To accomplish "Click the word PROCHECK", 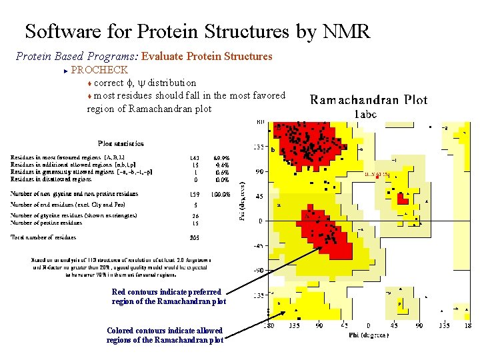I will pos(99,70).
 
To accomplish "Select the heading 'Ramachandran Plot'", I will pos(369,101).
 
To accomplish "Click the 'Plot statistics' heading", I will pos(121,143).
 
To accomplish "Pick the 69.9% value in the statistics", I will pos(222,157).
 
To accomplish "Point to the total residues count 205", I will pos(195,237).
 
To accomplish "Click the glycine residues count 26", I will pos(195,216).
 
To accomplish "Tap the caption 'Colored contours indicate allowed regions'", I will pos(165,335).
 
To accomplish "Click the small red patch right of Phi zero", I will pos(402,199).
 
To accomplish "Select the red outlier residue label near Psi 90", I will pos(377,174).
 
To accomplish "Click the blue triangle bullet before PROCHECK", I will pos(65,70).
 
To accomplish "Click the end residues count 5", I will pos(195,205).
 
